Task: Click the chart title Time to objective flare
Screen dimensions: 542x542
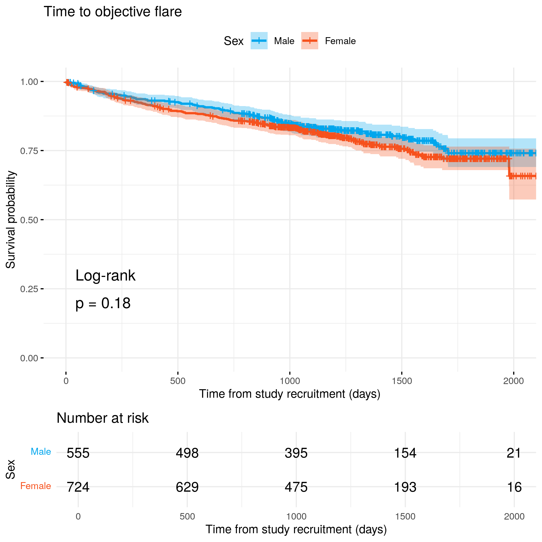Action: point(113,12)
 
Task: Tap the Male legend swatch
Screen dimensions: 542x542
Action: point(259,41)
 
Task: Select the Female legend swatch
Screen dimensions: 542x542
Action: point(309,41)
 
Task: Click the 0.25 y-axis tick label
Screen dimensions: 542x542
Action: point(29,289)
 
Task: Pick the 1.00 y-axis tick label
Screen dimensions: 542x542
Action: point(29,82)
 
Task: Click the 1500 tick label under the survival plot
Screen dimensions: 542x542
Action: point(402,381)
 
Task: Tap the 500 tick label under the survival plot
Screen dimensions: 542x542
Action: point(178,381)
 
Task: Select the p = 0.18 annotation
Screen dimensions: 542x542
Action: point(103,304)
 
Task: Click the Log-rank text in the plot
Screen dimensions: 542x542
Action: point(106,276)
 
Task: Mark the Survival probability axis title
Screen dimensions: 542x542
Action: point(11,220)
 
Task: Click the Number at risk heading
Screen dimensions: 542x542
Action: point(102,418)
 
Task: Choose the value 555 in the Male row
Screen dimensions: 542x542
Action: point(78,453)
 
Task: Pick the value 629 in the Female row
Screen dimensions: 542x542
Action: point(187,487)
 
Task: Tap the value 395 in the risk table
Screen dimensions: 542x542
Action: point(296,453)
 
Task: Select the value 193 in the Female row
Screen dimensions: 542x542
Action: point(405,487)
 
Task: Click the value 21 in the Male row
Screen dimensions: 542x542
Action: point(514,453)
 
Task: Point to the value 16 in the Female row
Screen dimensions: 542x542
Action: point(514,487)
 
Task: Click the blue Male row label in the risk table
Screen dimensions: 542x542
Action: point(41,452)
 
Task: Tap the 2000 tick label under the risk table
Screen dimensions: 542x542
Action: point(514,516)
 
